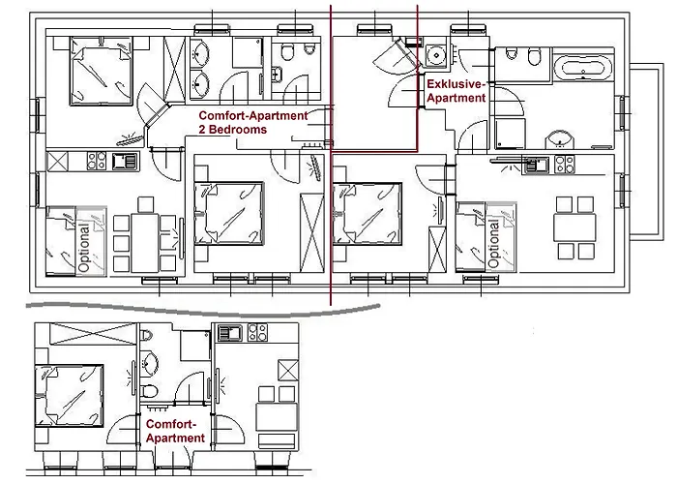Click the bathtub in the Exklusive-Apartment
tap(583, 69)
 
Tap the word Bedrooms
tap(238, 130)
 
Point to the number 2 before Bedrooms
tap(201, 130)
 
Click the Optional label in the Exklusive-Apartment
tap(494, 243)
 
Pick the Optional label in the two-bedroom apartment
tap(84, 248)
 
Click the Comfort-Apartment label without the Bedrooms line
tap(175, 431)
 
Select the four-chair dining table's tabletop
tap(574, 228)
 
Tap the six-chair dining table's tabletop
tap(145, 243)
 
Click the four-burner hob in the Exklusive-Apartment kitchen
tap(565, 165)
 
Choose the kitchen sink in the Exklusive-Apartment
tap(536, 165)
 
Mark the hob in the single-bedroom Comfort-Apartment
tap(258, 333)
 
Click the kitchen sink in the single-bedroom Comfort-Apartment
tap(230, 333)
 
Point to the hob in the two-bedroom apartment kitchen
tap(97, 161)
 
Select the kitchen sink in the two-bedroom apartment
tap(125, 162)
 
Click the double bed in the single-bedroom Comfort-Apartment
tap(69, 395)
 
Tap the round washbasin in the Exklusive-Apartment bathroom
tap(560, 139)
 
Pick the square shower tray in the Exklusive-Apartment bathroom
tap(510, 134)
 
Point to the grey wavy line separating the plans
tap(203, 311)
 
